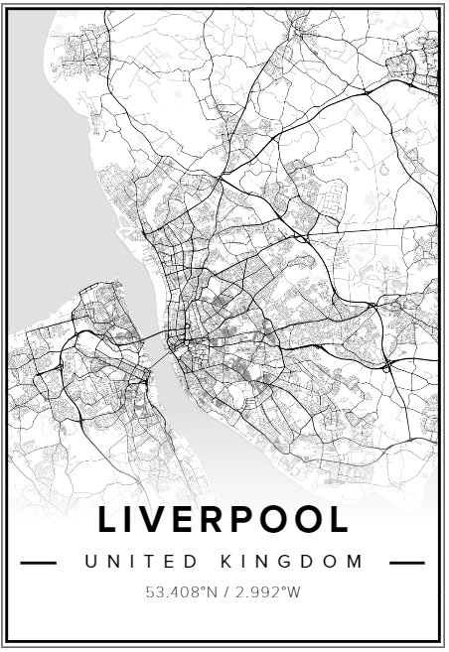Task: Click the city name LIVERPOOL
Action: [224, 520]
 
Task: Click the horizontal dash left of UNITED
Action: [39, 563]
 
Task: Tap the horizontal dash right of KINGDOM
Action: [407, 563]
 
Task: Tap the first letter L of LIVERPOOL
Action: [108, 520]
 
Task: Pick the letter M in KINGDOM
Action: [357, 562]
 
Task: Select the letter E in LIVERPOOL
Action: [191, 520]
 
